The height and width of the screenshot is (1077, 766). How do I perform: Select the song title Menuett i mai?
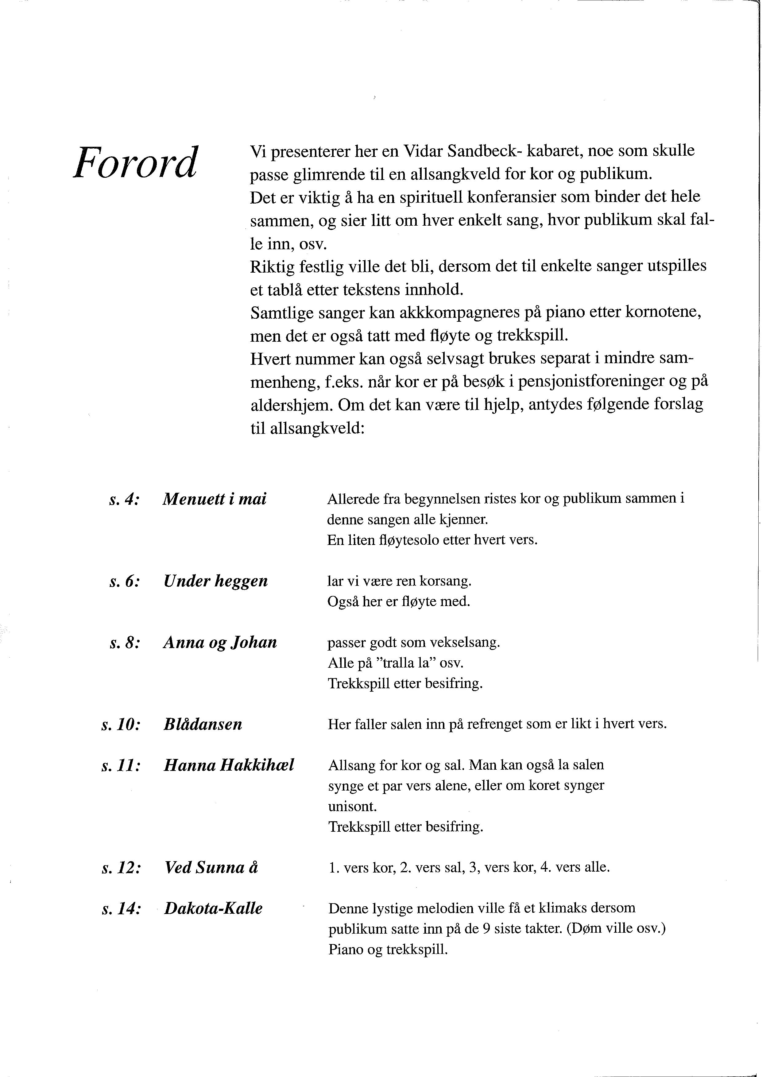click(x=215, y=500)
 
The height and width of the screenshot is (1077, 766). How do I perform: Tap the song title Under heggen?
click(x=215, y=581)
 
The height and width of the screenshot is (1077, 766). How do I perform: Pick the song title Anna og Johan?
click(x=220, y=643)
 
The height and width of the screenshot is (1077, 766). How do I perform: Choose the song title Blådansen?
click(x=203, y=725)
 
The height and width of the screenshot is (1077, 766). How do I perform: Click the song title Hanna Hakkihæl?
click(x=229, y=765)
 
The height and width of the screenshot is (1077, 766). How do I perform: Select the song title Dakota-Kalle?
click(x=213, y=908)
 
